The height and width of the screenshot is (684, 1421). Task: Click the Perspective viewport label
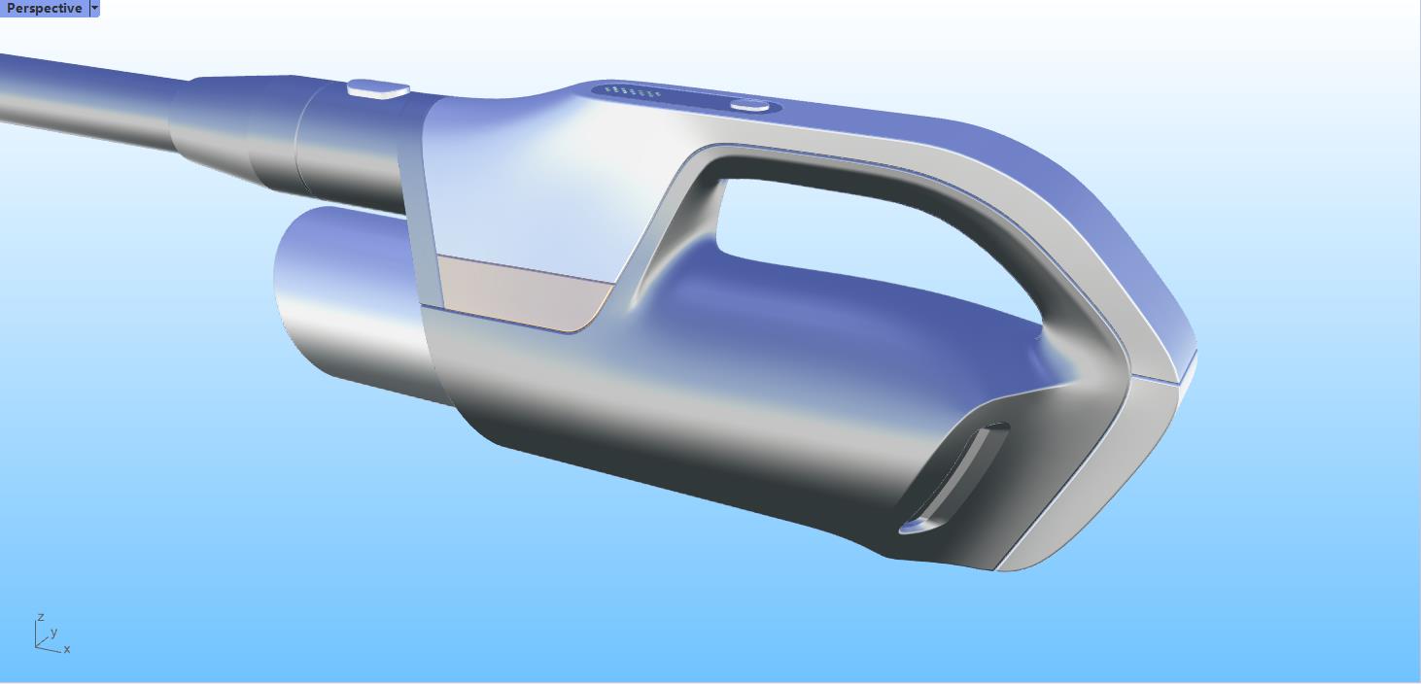(x=44, y=8)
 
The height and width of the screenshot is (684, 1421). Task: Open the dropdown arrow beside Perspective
(x=94, y=8)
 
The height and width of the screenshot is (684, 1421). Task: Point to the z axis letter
(x=41, y=617)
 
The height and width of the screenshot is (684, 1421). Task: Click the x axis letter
(x=67, y=649)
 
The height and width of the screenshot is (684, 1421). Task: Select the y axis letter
(x=53, y=632)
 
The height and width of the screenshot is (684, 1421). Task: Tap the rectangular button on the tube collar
(x=378, y=88)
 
